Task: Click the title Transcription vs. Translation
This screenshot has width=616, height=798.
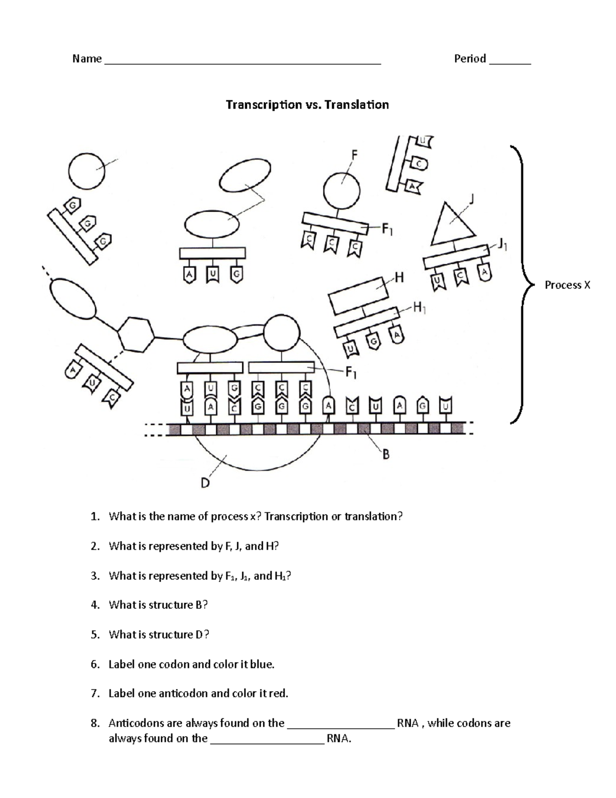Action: coord(307,105)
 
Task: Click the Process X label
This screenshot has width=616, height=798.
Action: coord(567,285)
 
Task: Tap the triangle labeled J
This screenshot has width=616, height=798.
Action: coord(451,225)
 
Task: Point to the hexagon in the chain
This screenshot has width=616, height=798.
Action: coord(136,335)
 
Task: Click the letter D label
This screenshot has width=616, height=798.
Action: coord(205,483)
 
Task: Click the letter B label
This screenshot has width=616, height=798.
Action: coord(386,454)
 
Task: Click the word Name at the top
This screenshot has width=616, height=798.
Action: coord(87,59)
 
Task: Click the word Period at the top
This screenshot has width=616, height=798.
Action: coord(470,59)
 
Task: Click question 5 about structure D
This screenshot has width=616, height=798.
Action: coord(159,635)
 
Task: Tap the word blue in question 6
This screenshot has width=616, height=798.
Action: coord(261,664)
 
